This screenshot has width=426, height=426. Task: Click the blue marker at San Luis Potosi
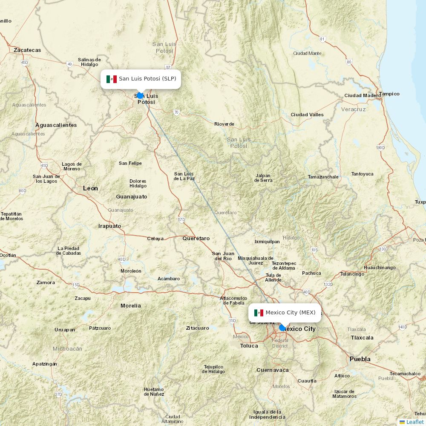click(140, 95)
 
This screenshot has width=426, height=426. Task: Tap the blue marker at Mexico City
click(282, 328)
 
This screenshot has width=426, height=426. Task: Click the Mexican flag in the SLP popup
click(112, 79)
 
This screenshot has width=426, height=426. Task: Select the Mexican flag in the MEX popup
click(259, 313)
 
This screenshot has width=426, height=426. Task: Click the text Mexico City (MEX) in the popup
click(291, 313)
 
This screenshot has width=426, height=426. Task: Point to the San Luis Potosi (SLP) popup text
click(147, 79)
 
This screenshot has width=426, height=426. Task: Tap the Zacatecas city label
click(27, 50)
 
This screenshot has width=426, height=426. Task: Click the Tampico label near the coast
click(389, 94)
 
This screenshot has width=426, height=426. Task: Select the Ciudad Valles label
click(307, 115)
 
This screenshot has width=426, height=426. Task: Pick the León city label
click(90, 188)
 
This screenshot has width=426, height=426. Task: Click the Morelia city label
click(130, 306)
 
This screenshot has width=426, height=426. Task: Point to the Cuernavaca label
click(272, 370)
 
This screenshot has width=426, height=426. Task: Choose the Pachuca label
click(311, 273)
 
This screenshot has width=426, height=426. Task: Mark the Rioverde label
click(224, 124)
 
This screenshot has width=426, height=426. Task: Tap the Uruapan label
click(65, 330)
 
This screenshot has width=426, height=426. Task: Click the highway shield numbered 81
click(322, 39)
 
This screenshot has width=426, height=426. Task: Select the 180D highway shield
click(380, 148)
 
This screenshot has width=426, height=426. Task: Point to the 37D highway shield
click(58, 394)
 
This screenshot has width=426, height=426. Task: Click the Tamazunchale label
click(323, 177)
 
